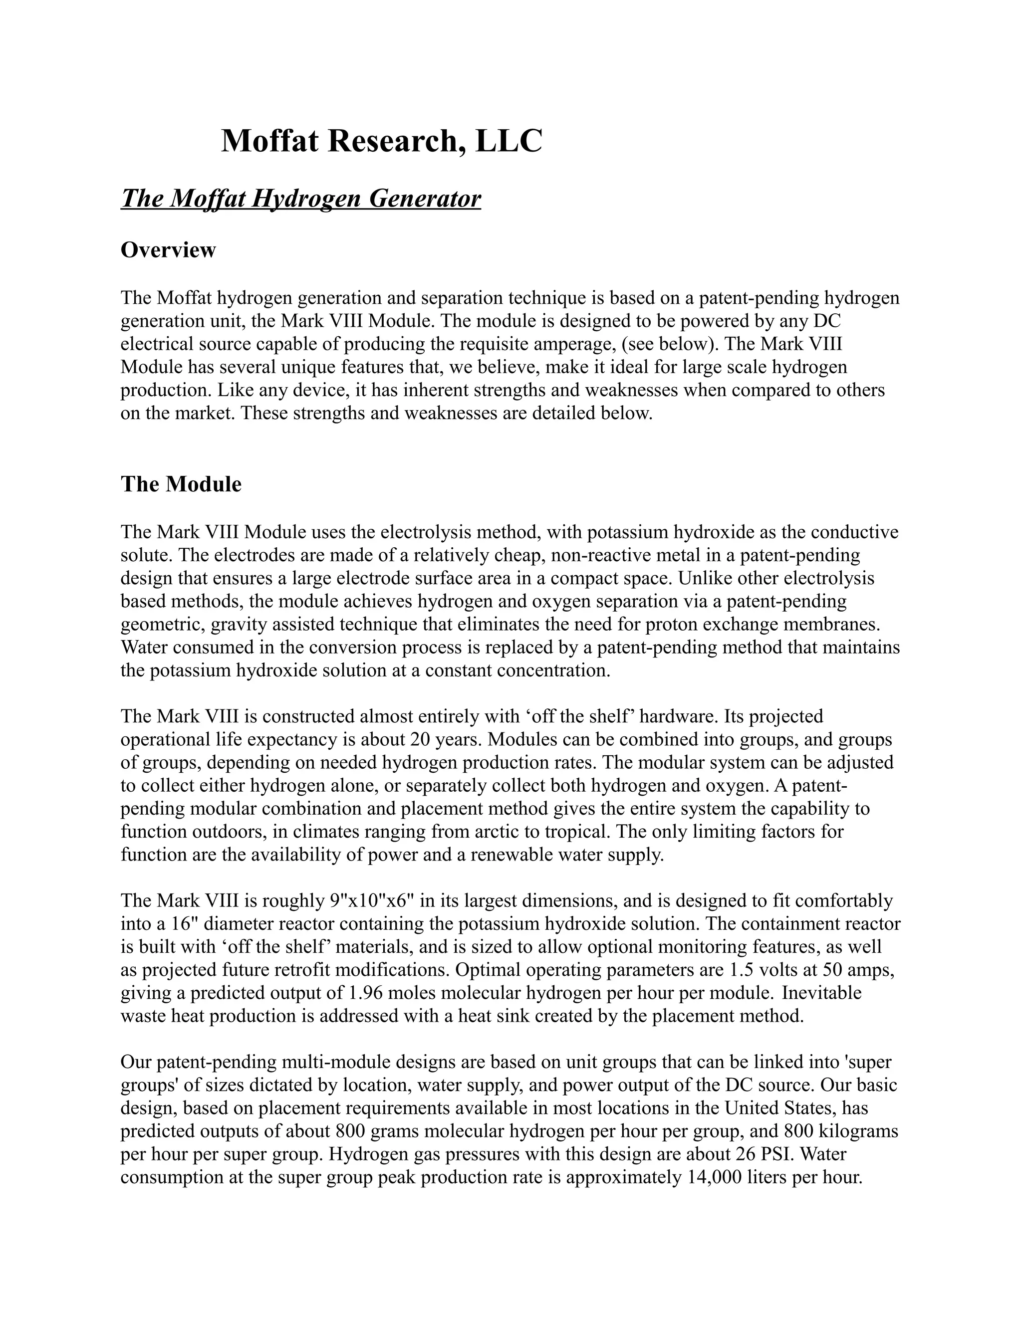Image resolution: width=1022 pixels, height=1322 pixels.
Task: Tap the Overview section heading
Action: (168, 250)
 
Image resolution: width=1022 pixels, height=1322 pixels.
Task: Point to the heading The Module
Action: (181, 484)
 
